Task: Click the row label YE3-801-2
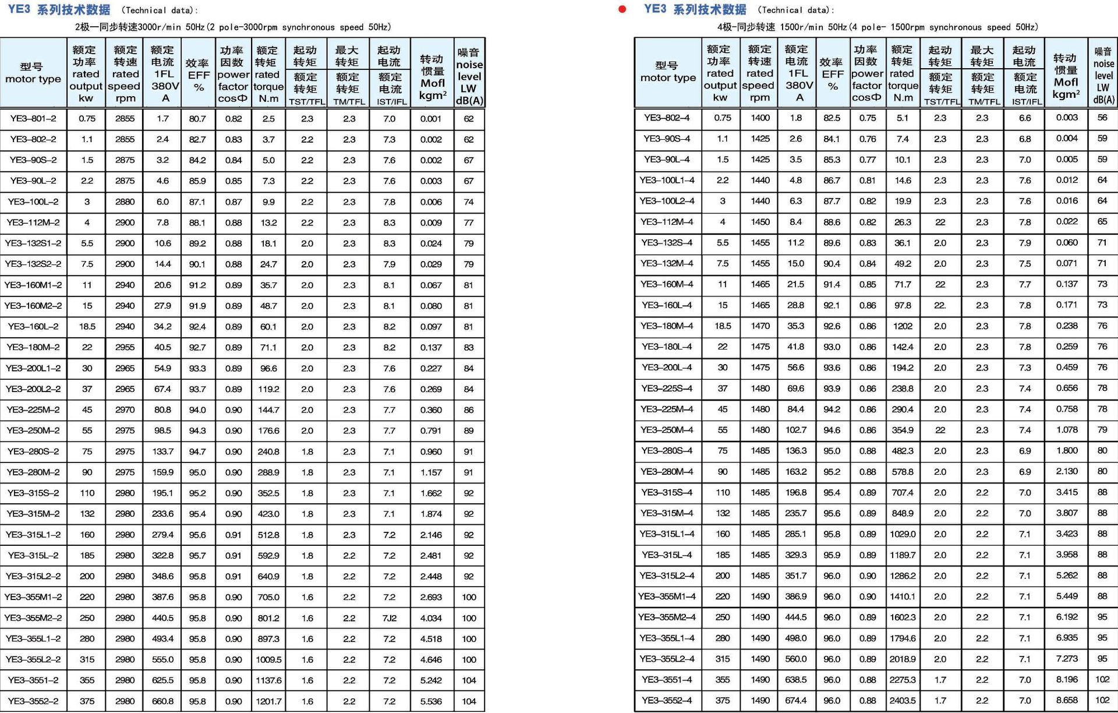pos(33,119)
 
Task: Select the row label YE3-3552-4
pos(667,700)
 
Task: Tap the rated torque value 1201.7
pos(268,701)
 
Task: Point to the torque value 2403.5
pos(903,700)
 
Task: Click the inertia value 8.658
pos(1067,700)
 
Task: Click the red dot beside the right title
pos(622,9)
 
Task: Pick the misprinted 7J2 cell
pos(390,618)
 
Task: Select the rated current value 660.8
pos(162,701)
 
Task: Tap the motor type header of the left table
pos(33,73)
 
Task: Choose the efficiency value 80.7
pos(197,119)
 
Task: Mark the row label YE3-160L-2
pos(33,327)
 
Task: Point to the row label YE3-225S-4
pos(667,388)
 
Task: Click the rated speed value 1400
pos(760,118)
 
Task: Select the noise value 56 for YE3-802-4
pos(1102,118)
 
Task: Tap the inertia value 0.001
pos(431,119)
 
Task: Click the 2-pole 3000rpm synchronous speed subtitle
pos(233,27)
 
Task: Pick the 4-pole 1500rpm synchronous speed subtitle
pos(878,27)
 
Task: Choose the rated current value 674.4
pos(796,700)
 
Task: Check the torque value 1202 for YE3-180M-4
pos(903,326)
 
